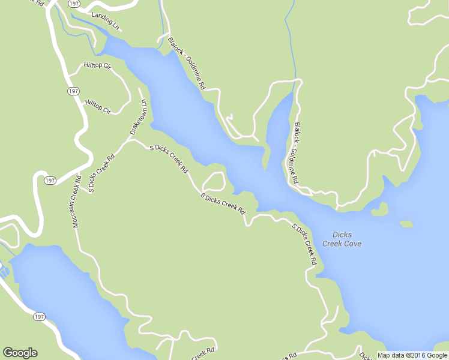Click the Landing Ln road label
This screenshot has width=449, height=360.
106,20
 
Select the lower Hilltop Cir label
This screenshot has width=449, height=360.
98,106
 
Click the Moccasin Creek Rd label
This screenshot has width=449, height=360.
76,202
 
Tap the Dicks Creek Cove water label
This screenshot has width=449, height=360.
342,239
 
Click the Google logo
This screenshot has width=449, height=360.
20,353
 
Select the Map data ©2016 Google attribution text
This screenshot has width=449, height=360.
412,355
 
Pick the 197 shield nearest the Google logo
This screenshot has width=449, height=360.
40,316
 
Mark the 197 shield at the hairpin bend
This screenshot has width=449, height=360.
50,180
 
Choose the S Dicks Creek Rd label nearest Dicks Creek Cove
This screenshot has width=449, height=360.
304,244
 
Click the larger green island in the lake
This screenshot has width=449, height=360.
379,209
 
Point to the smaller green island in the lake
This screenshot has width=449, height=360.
406,224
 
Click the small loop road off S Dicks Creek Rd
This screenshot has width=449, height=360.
214,181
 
